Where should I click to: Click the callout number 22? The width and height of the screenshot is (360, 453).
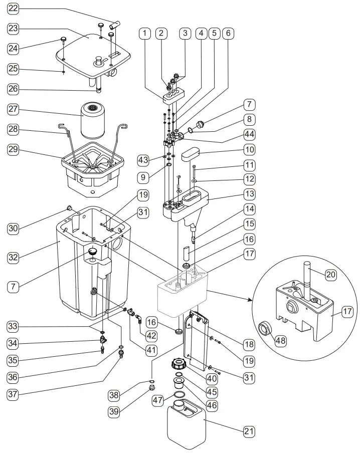click(x=13, y=9)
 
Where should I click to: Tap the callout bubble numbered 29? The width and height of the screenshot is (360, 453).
click(x=13, y=149)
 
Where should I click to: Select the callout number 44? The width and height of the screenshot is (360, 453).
click(x=249, y=134)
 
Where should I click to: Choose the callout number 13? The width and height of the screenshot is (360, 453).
click(x=249, y=194)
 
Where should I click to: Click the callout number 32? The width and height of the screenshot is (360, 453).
click(x=13, y=258)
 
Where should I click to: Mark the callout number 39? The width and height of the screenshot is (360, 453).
click(x=115, y=411)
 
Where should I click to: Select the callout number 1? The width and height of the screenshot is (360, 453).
click(x=145, y=34)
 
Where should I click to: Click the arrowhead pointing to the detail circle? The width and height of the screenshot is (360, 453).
click(x=250, y=300)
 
